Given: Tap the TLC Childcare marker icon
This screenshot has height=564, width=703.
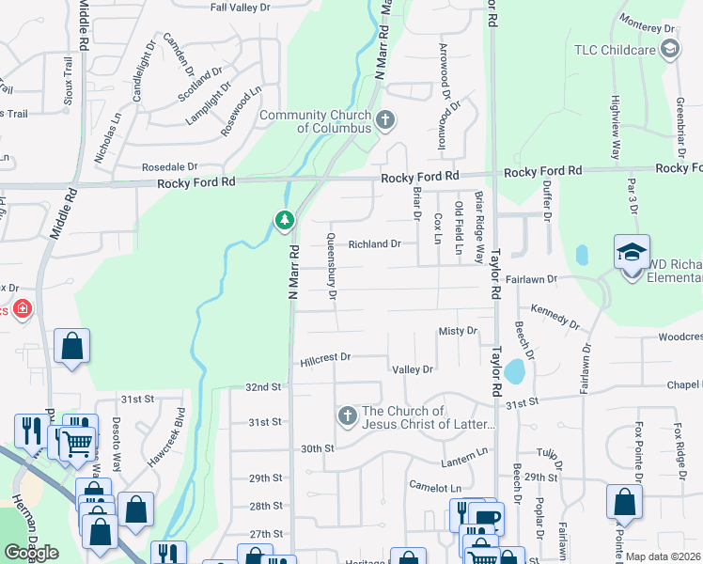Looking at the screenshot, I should [670, 51].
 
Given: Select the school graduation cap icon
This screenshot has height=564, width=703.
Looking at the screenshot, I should [632, 251].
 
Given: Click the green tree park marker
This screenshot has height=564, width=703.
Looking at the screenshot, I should [284, 220].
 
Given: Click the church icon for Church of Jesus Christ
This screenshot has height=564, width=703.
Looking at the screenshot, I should [347, 415].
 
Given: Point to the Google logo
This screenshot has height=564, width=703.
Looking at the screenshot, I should [31, 553].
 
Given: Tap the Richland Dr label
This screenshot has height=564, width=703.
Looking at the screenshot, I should [375, 244].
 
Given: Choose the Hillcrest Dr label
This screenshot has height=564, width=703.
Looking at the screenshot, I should [325, 358].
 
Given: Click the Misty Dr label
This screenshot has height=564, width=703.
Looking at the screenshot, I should [459, 332].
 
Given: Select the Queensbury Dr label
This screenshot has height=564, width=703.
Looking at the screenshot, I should [332, 266].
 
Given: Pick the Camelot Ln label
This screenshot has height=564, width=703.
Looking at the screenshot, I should [435, 488].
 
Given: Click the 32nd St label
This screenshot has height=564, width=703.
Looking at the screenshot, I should [263, 387].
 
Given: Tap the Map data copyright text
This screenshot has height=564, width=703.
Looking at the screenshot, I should [664, 556].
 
